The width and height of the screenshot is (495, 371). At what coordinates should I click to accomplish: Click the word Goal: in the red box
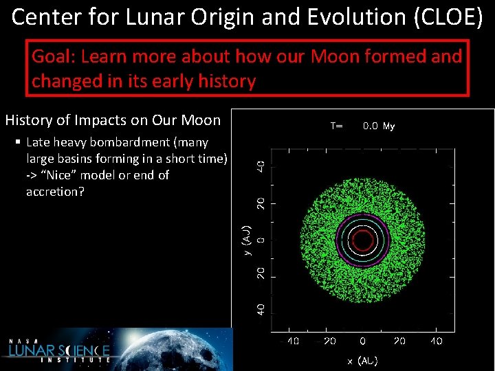(54, 56)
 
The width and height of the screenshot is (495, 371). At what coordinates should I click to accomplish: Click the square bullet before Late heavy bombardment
(18, 143)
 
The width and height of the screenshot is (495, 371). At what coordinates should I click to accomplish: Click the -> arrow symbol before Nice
(32, 175)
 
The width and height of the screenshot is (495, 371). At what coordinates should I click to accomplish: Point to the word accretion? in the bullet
(55, 192)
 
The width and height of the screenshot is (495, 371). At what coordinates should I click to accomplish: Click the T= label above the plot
(337, 126)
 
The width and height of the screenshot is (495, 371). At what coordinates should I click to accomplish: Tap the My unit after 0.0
(389, 126)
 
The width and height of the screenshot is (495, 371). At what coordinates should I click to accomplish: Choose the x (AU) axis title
(362, 361)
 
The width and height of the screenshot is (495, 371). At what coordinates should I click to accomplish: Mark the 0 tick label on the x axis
(362, 341)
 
